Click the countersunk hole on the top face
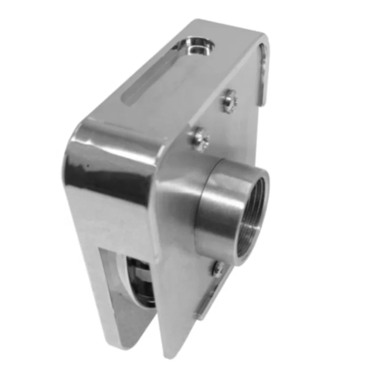click(x=196, y=46)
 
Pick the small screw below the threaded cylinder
click(x=218, y=268)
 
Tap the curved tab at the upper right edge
click(x=264, y=70)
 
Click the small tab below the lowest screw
click(x=207, y=301)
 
